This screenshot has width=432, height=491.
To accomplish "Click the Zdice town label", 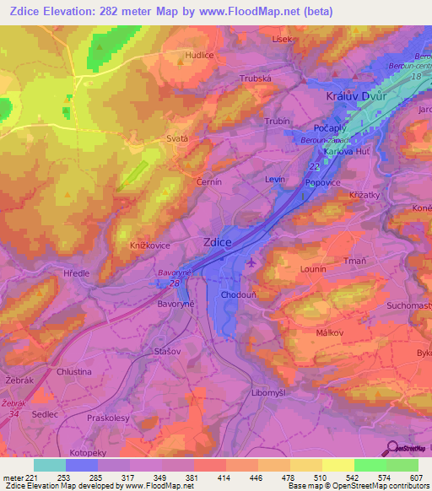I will (218, 242).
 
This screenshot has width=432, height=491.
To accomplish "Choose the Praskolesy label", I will (112, 418).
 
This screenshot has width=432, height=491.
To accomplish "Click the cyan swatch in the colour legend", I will (50, 465).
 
